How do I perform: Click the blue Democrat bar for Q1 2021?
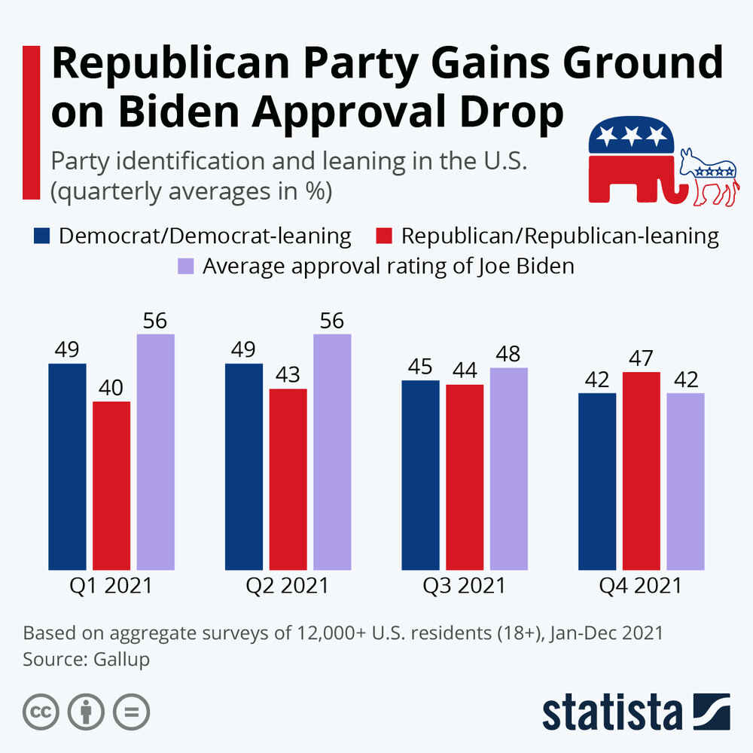click(x=67, y=467)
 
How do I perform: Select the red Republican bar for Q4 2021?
click(x=642, y=471)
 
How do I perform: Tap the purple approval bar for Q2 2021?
click(x=332, y=452)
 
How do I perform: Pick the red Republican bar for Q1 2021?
click(x=111, y=486)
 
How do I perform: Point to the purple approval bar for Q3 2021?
click(x=509, y=468)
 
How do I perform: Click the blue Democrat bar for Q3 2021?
click(x=420, y=474)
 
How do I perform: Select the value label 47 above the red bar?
click(x=642, y=358)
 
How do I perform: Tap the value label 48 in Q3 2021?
click(x=509, y=354)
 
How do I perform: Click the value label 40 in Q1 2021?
click(x=111, y=388)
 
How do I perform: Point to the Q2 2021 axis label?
click(x=288, y=585)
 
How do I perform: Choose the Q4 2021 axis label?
click(x=641, y=585)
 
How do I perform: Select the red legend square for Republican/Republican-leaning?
click(x=383, y=236)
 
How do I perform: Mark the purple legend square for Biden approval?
click(x=185, y=267)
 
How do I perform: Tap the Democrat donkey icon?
click(x=709, y=177)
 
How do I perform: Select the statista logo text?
click(x=611, y=711)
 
